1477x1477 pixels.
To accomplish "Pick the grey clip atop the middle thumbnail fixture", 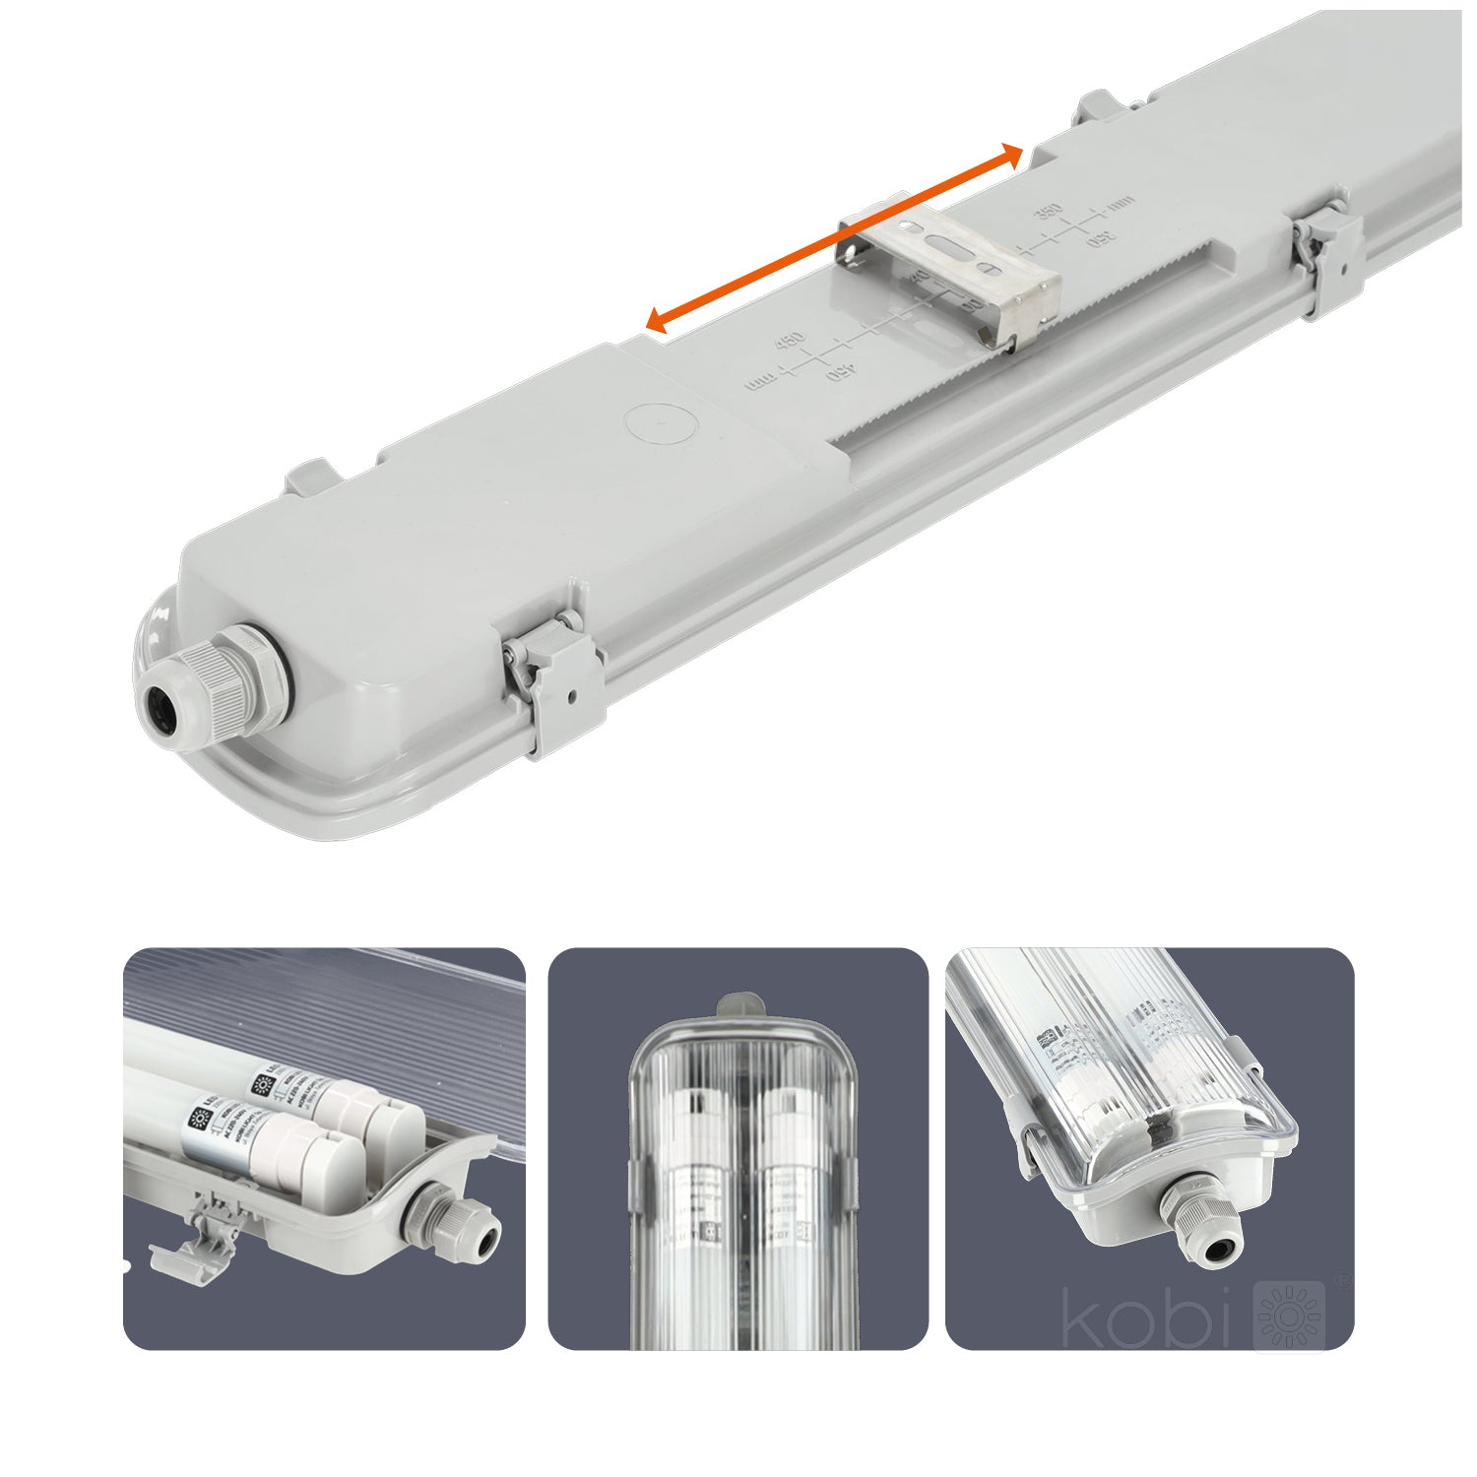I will (740, 1006).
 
